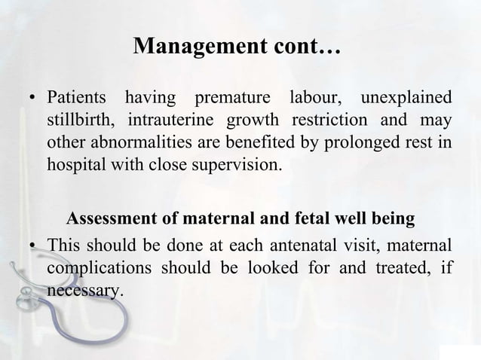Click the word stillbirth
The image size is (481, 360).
80,121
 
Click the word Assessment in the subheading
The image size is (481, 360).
108,220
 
